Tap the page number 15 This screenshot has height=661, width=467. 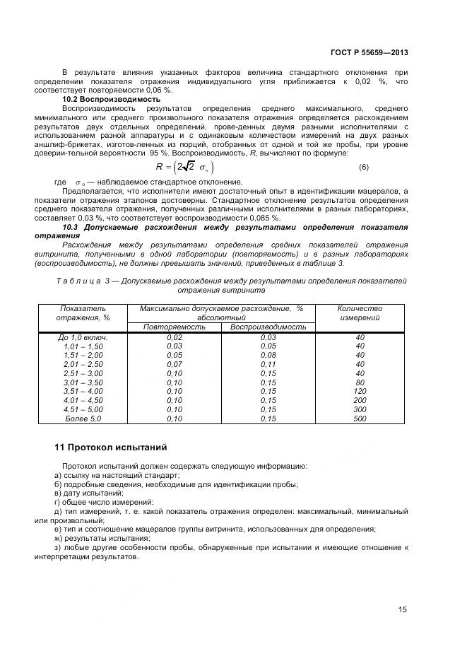click(x=403, y=609)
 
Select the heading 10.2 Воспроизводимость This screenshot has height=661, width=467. click(x=112, y=99)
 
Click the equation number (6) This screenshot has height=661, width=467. click(x=365, y=167)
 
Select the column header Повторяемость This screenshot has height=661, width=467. click(x=173, y=327)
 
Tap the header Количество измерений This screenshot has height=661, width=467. click(x=360, y=313)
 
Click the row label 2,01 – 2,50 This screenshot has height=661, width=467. click(x=83, y=364)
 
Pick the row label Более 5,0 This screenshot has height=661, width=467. click(x=83, y=419)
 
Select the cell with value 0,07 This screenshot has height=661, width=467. click(x=174, y=364)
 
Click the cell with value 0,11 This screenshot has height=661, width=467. click(x=268, y=364)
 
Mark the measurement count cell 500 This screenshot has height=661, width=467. click(x=360, y=419)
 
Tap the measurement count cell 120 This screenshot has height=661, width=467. click(x=360, y=391)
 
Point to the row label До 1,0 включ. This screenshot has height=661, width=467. click(x=83, y=337)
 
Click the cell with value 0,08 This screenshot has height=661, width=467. click(x=268, y=355)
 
